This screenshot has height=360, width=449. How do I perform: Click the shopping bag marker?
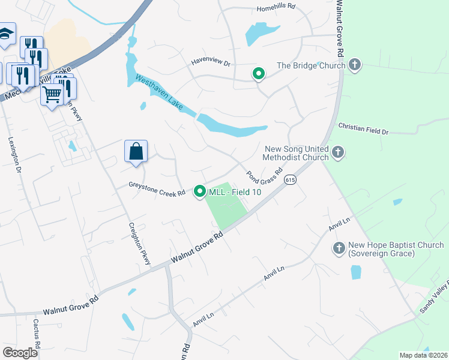point(136,151)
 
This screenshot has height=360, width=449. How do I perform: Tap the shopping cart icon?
point(52,94)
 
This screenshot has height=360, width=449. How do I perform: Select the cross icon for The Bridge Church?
point(355,65)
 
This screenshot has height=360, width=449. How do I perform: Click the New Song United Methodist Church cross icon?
point(338,152)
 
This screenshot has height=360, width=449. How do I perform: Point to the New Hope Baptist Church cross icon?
point(339,248)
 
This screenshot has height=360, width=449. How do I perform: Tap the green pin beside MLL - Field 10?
point(200,192)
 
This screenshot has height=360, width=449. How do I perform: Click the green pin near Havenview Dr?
point(259,74)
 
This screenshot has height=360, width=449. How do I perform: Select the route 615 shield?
point(291,179)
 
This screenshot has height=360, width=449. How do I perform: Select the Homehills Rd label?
point(276,6)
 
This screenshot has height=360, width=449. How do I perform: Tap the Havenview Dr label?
point(211,62)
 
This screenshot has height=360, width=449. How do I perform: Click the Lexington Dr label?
point(14,157)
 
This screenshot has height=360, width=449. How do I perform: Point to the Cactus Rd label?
point(37,331)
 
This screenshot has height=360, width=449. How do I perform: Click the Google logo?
point(20,352)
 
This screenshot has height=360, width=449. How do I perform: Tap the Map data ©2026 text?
point(423,355)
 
